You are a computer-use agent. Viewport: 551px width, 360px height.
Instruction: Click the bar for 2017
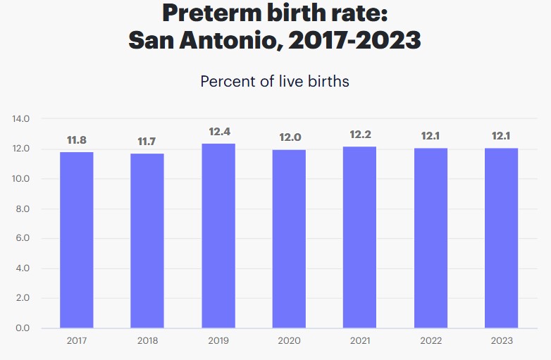(76, 240)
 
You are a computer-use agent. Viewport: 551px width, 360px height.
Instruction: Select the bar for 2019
(218, 235)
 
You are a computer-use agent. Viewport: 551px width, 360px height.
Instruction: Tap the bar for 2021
(359, 237)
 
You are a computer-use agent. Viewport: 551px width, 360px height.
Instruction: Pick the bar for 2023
(501, 237)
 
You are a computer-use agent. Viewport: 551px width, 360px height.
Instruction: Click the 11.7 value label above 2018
(147, 142)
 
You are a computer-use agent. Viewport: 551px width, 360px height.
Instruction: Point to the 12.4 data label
(218, 132)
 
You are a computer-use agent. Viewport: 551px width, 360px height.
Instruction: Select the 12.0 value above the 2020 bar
(289, 138)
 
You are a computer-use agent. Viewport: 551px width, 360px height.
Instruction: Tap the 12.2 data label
(359, 135)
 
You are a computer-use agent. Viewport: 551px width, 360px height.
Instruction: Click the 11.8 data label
(76, 140)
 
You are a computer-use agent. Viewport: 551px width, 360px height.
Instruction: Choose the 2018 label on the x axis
(147, 341)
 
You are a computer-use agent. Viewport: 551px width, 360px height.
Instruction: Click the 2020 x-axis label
(289, 341)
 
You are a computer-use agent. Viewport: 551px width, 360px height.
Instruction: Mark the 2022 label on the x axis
(431, 341)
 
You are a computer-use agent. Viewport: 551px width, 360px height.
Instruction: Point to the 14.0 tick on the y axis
(21, 119)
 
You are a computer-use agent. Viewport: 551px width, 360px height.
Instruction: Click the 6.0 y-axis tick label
(21, 239)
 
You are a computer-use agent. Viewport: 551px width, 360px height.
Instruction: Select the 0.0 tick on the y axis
(21, 328)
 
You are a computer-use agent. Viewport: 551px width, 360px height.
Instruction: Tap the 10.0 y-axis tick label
(21, 179)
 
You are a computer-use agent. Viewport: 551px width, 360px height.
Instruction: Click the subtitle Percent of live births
(275, 81)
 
